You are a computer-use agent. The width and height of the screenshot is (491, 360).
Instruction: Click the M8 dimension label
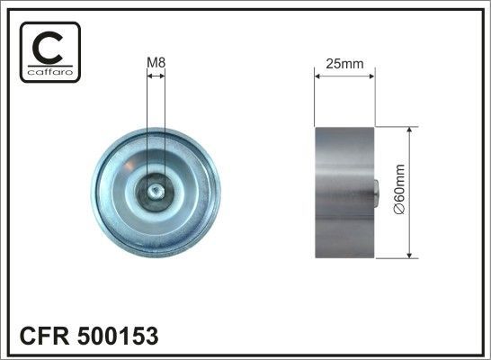tap(156, 63)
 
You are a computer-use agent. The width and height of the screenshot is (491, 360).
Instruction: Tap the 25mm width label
tap(344, 63)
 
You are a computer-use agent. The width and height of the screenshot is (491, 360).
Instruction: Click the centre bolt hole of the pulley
tap(156, 191)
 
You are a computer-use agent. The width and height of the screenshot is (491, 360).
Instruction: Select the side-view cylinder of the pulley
tap(343, 192)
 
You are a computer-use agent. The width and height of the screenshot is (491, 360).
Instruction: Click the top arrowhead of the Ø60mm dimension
tap(410, 131)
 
